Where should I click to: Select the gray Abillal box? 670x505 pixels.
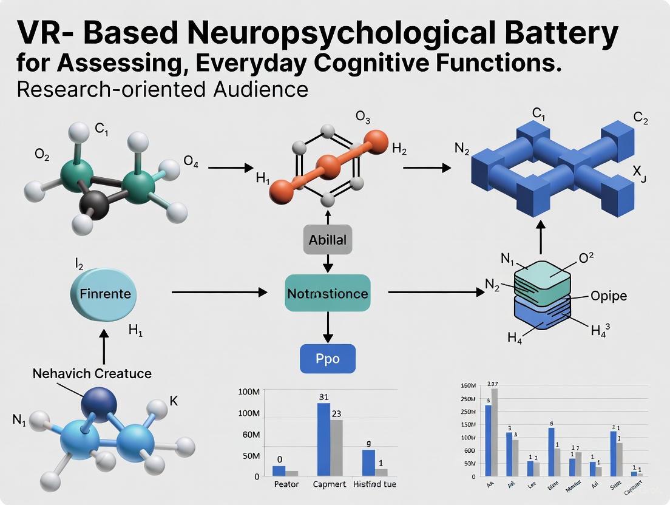point(328,240)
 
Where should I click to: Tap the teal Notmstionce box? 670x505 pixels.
point(328,294)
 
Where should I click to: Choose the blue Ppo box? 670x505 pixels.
point(328,358)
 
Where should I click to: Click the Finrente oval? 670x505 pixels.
point(104,294)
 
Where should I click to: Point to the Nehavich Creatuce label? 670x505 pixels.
point(92,373)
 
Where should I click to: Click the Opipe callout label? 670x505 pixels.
point(609,296)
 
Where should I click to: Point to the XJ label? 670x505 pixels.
point(640,174)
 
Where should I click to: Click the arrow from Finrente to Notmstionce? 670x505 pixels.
point(219,293)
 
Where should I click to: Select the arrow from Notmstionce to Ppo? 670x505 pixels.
point(328,328)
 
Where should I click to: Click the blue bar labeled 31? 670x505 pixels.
point(323,438)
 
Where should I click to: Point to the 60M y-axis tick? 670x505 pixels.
point(251,435)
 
